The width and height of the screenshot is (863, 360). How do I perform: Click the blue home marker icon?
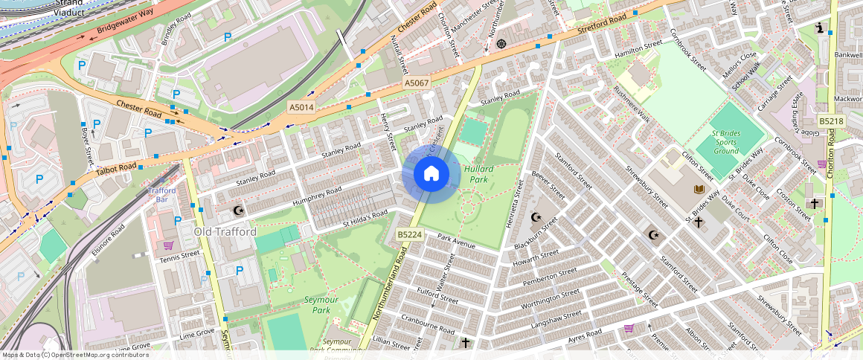pos(431,174)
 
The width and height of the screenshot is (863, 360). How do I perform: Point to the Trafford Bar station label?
pos(161,195)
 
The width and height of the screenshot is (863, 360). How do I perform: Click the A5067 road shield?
pos(417,83)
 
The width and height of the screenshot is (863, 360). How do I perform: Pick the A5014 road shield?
pos(301,108)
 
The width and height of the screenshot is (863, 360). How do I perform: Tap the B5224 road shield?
pos(409,234)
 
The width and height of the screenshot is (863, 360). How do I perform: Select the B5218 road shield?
pos(830,120)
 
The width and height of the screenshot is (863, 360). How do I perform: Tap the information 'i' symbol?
pos(821,28)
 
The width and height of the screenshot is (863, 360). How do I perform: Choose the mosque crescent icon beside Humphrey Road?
pos(238,211)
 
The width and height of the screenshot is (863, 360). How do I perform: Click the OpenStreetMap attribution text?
pos(75,355)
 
